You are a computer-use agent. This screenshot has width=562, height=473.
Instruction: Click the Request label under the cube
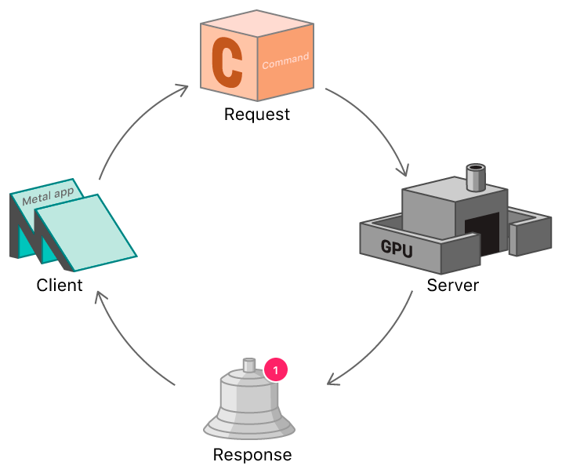pos(256,115)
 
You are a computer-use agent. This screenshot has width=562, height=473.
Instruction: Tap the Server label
pos(452,284)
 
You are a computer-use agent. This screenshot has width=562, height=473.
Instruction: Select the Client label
pos(60,285)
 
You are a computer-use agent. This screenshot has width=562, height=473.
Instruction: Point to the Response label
pos(252,455)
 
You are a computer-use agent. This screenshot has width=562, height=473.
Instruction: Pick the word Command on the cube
pos(285,60)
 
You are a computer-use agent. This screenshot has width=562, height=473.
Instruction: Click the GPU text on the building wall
pos(397,247)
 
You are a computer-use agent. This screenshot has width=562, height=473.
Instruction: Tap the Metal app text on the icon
pos(48,195)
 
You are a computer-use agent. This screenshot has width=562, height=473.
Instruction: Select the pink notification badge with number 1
pos(276,369)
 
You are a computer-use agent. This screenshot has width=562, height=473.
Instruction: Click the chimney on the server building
pos(476,177)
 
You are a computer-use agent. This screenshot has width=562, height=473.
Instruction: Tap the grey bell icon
pos(248,405)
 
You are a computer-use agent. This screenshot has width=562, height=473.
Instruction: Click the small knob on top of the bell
pos(249,365)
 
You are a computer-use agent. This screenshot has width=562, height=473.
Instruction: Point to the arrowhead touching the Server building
pos(404,171)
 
